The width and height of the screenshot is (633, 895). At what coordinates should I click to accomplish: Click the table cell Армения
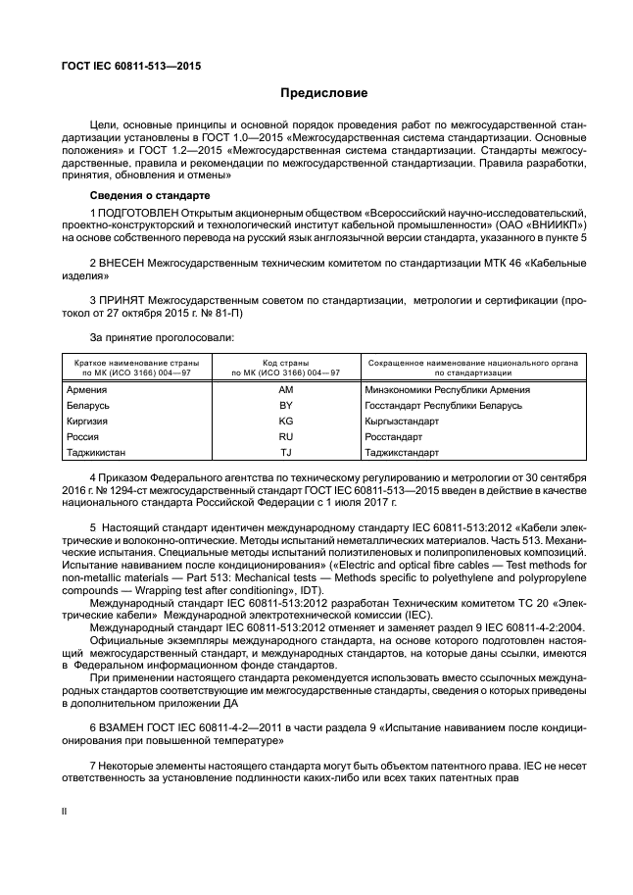tap(88, 389)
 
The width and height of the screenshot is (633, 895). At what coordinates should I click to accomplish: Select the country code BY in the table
tap(286, 405)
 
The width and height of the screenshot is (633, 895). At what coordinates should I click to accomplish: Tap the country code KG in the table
tap(286, 421)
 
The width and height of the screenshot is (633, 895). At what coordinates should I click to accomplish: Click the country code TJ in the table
tap(286, 452)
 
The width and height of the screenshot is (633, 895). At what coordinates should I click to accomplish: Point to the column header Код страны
tap(286, 364)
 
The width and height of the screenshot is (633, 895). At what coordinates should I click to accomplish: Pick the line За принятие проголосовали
tap(149, 338)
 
